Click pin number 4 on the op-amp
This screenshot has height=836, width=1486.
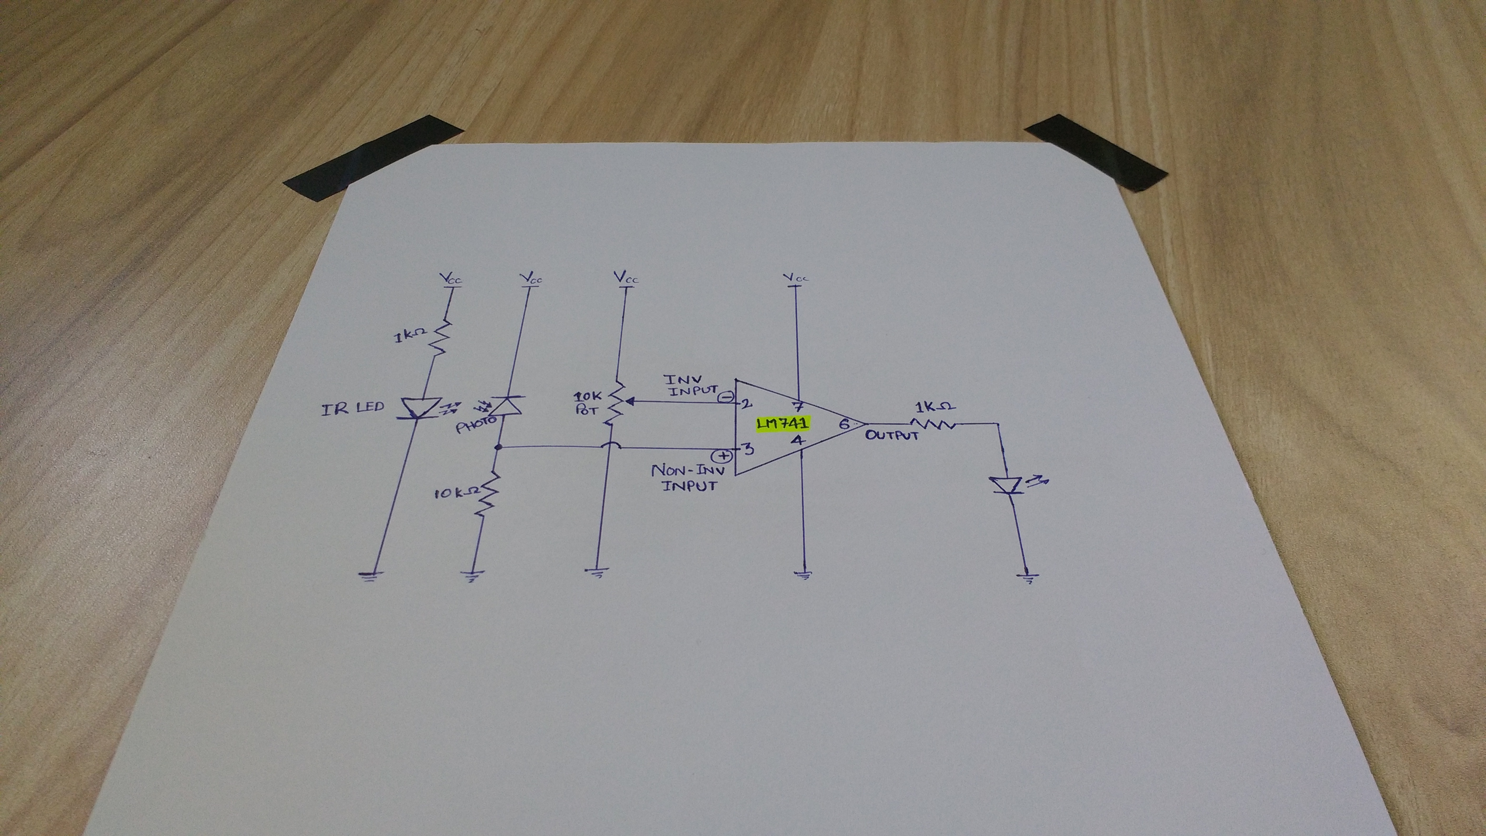(x=798, y=441)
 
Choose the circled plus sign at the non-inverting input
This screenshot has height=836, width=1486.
(x=724, y=456)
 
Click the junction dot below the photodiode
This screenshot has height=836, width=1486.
(x=498, y=448)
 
